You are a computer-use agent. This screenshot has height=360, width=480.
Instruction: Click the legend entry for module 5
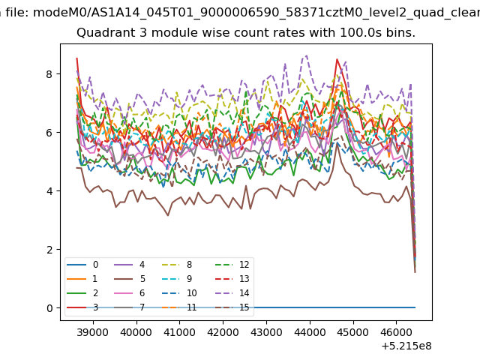pyautogui.click(x=130, y=279)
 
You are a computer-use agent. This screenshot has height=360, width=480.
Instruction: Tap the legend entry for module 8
pyautogui.click(x=177, y=265)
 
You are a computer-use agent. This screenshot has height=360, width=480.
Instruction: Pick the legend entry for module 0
pyautogui.click(x=82, y=265)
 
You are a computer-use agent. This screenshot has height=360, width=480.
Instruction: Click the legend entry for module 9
pyautogui.click(x=177, y=279)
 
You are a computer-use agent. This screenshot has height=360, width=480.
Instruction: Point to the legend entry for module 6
pyautogui.click(x=130, y=293)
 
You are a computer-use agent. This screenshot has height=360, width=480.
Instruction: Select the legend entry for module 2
pyautogui.click(x=82, y=293)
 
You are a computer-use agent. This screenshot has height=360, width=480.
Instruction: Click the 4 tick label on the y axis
pyautogui.click(x=49, y=191)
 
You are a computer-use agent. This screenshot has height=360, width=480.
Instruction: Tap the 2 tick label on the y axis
pyautogui.click(x=49, y=250)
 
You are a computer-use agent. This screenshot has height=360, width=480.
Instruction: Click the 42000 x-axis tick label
pyautogui.click(x=223, y=332)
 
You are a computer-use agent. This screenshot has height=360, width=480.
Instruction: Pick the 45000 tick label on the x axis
pyautogui.click(x=353, y=332)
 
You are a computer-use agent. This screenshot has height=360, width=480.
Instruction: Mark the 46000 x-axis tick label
pyautogui.click(x=397, y=332)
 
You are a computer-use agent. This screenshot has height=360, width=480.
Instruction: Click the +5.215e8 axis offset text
pyautogui.click(x=406, y=346)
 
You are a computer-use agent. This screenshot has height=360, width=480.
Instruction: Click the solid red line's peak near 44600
pyautogui.click(x=337, y=59)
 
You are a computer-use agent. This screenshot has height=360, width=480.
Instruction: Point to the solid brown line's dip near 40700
pyautogui.click(x=168, y=215)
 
